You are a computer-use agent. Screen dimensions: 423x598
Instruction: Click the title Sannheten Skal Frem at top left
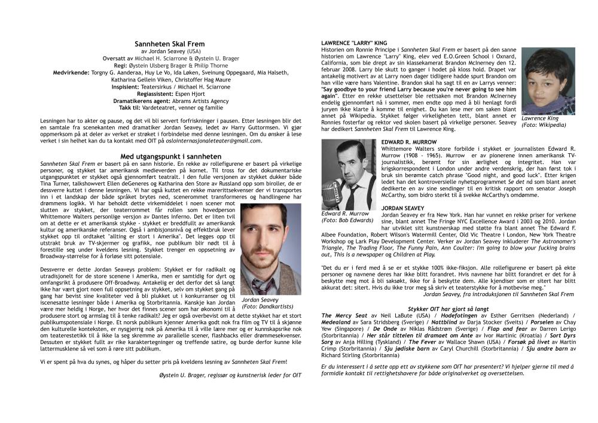click(170, 44)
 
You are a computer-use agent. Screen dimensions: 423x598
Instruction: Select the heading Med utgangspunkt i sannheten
click(170, 156)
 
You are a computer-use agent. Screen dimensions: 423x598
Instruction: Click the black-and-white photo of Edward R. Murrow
click(349, 174)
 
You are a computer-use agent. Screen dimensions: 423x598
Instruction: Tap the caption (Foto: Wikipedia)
click(544, 125)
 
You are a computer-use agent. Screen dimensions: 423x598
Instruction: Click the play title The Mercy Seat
click(344, 315)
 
